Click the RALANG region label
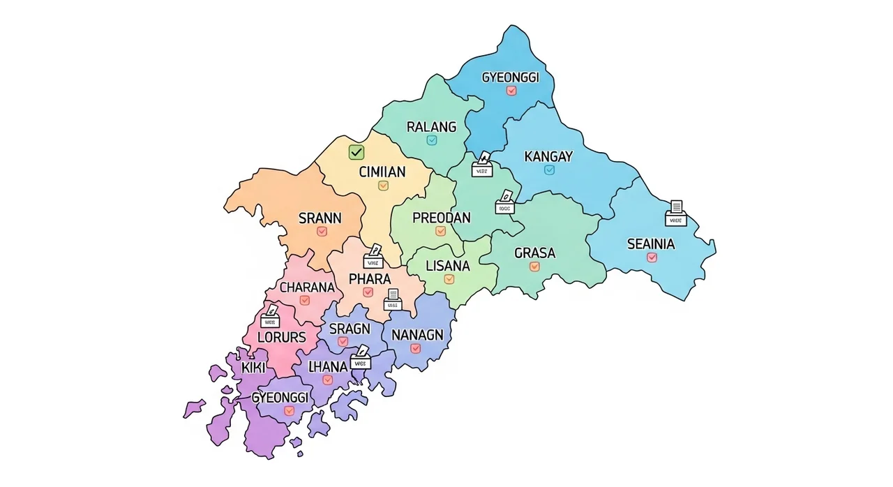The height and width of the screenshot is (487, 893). (431, 127)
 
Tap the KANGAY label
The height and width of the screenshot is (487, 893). (548, 156)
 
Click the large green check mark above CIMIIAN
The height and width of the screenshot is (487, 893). (356, 152)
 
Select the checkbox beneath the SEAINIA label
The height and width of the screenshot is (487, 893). (652, 257)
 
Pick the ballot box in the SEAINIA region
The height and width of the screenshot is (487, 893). (675, 215)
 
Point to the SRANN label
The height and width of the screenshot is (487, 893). (320, 218)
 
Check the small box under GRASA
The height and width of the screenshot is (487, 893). (534, 267)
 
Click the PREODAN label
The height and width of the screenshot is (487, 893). (441, 218)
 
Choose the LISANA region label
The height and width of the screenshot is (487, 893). (447, 266)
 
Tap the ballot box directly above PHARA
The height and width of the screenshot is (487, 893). (373, 258)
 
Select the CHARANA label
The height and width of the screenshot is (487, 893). (306, 287)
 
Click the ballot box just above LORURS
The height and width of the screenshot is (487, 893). (270, 317)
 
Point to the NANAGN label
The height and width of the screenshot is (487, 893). (417, 335)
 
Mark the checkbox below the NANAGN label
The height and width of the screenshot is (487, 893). (416, 348)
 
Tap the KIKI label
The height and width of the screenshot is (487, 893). (253, 368)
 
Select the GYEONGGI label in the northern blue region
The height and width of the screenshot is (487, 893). (511, 77)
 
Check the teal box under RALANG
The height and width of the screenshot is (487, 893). (431, 140)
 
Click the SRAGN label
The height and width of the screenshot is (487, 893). (345, 329)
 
